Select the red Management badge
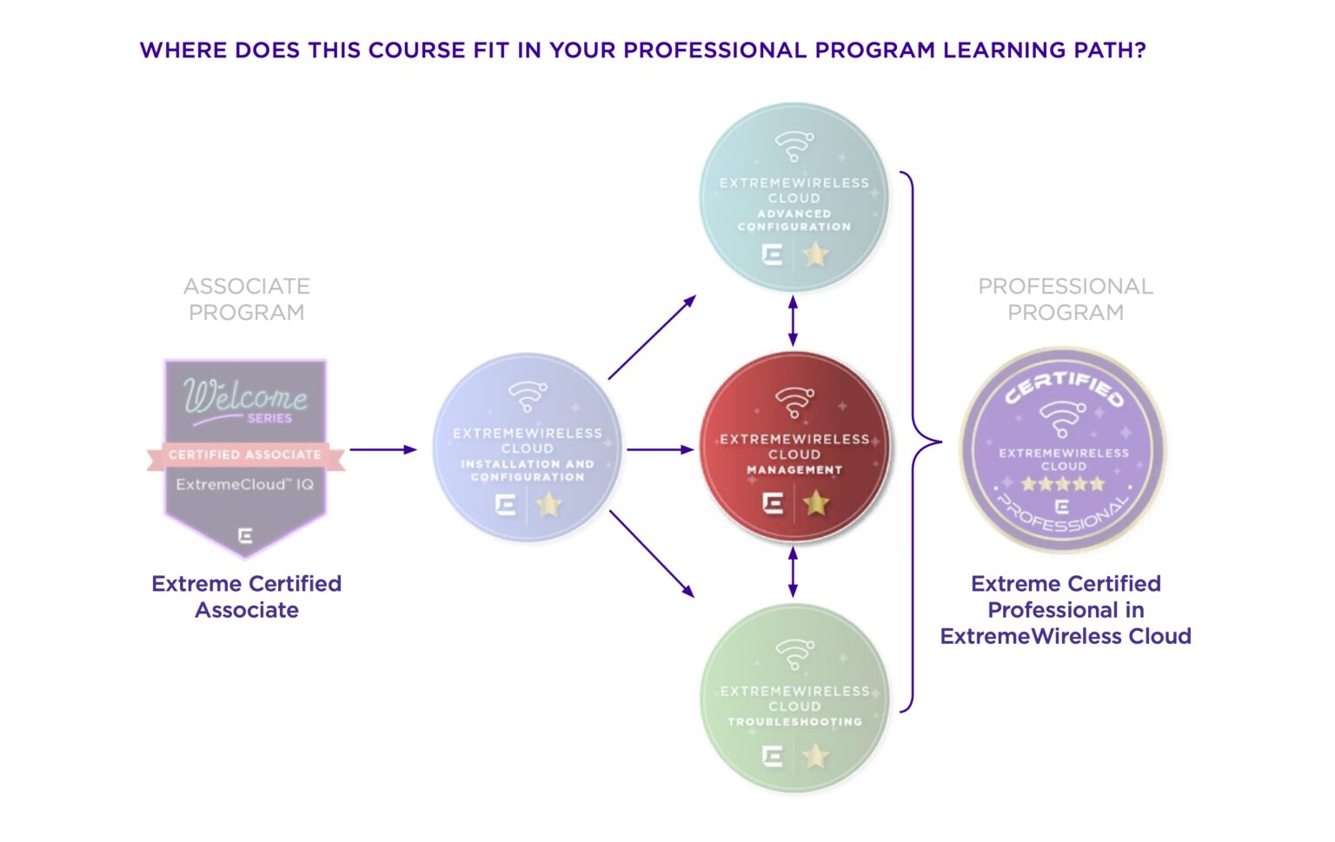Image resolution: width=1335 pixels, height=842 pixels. pyautogui.click(x=794, y=448)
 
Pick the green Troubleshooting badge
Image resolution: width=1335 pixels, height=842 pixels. pyautogui.click(x=794, y=699)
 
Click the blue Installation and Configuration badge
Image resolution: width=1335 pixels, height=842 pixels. pyautogui.click(x=527, y=448)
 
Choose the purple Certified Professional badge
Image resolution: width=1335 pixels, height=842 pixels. pyautogui.click(x=1062, y=450)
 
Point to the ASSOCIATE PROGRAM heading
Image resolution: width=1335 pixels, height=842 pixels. pyautogui.click(x=247, y=299)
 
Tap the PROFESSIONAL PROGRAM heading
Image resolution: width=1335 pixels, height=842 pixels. pyautogui.click(x=1066, y=299)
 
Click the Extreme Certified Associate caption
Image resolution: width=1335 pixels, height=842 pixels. pyautogui.click(x=247, y=596)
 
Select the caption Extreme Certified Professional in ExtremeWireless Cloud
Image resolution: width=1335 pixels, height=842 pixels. pyautogui.click(x=1066, y=610)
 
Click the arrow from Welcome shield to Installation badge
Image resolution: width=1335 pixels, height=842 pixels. pyautogui.click(x=383, y=449)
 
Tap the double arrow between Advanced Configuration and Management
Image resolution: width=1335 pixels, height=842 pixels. pyautogui.click(x=793, y=322)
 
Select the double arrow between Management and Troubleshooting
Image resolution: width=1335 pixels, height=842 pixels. pyautogui.click(x=793, y=572)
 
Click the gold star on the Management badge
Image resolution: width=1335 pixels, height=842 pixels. pyautogui.click(x=815, y=502)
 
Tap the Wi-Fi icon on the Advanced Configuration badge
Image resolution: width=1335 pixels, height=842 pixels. pyautogui.click(x=794, y=146)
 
